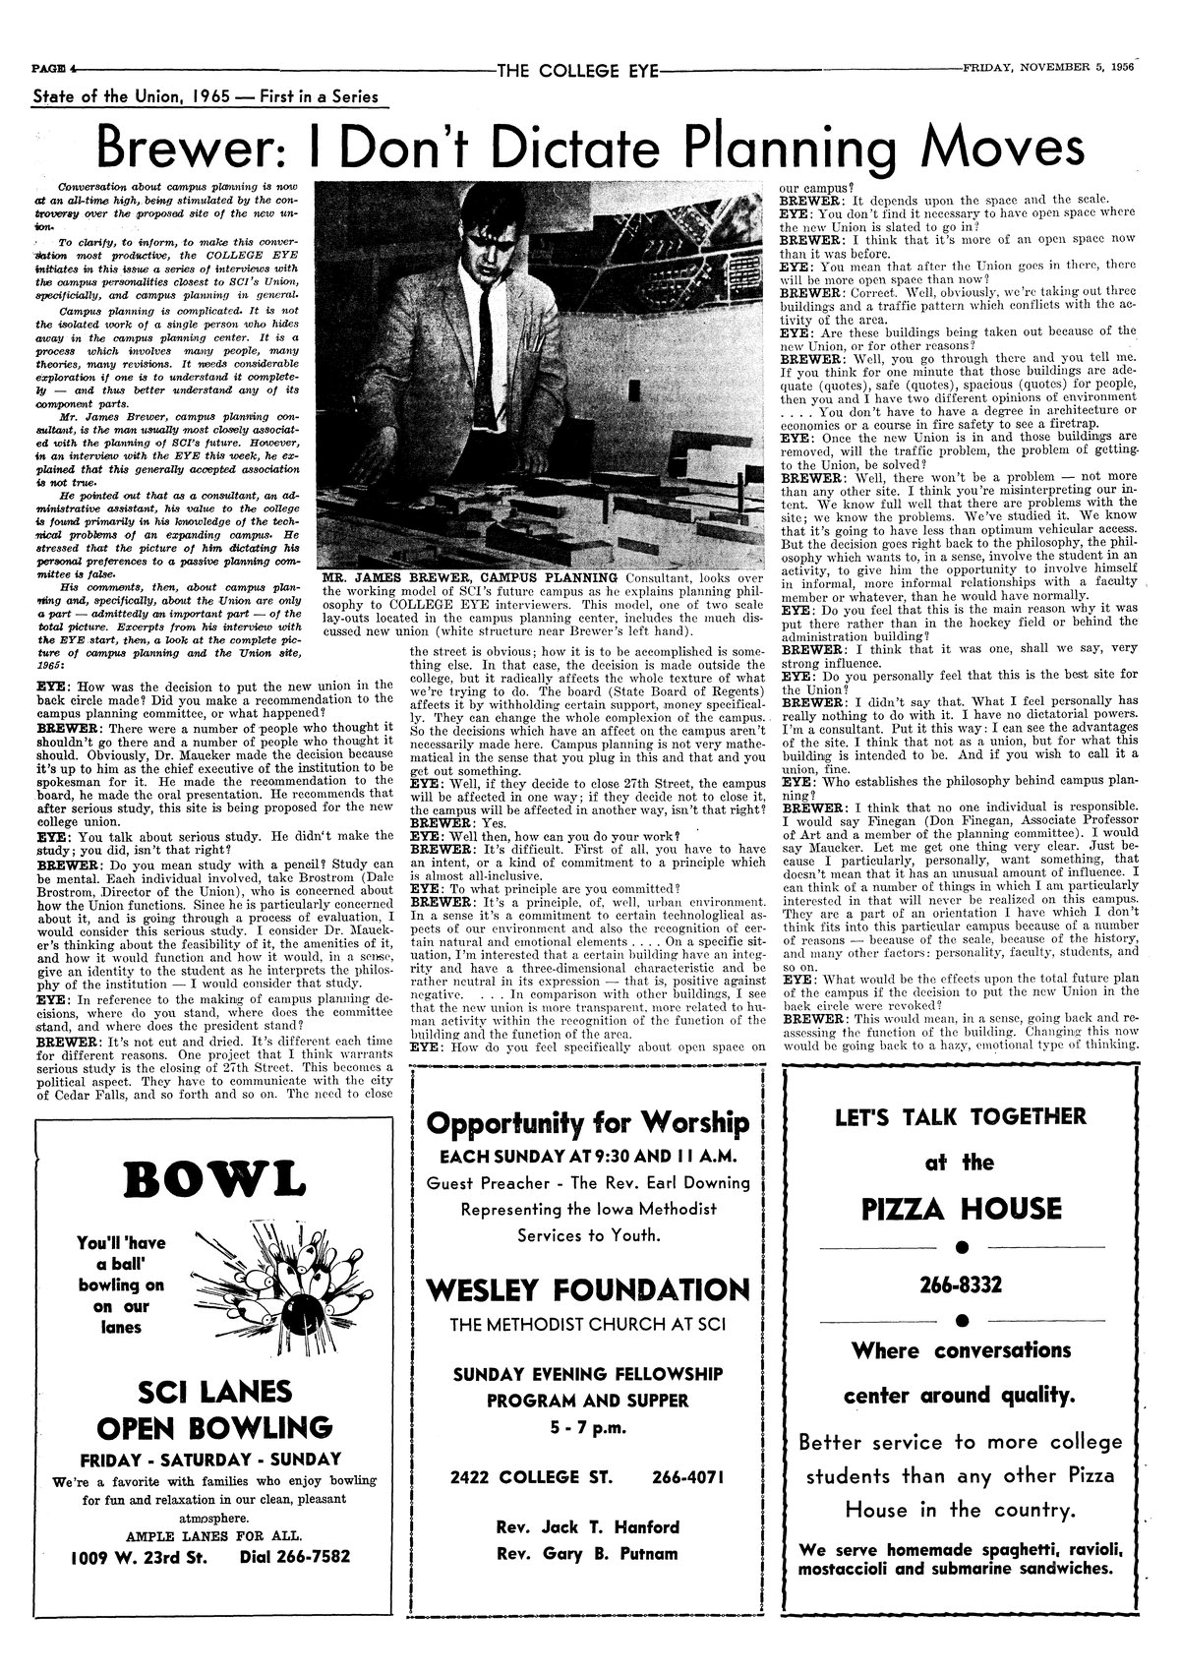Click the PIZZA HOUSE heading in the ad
[x=962, y=1209]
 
